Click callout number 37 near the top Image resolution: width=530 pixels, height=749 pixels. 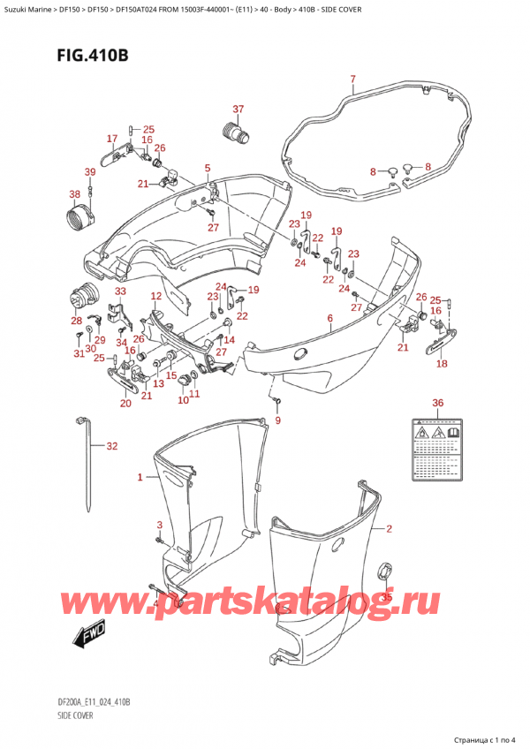(237, 110)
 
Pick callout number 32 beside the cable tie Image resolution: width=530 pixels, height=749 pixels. (110, 446)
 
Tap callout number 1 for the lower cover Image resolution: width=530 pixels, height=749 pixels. (140, 478)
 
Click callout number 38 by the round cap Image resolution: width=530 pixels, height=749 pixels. (74, 193)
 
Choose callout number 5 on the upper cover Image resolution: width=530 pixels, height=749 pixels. (208, 168)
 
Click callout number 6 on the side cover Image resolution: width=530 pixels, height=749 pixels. (329, 318)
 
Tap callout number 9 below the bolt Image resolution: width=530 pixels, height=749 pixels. (277, 420)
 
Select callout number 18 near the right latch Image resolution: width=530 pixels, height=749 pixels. (441, 363)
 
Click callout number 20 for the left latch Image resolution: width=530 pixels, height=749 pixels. (125, 403)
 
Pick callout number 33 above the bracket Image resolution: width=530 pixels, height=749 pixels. (120, 291)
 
